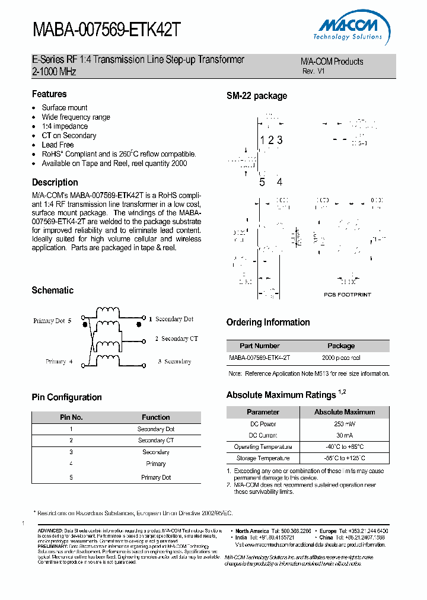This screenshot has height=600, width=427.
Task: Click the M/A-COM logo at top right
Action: pyautogui.click(x=350, y=28)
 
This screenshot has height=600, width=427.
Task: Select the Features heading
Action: pyautogui.click(x=49, y=94)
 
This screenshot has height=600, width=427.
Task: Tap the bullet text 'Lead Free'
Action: pyautogui.click(x=58, y=145)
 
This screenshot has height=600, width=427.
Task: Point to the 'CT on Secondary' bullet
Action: pyautogui.click(x=69, y=135)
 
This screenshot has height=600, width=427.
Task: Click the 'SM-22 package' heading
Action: pyautogui.click(x=256, y=96)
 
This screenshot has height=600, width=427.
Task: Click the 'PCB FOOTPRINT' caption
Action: pyautogui.click(x=347, y=294)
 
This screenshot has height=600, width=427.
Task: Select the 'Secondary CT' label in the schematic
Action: pyautogui.click(x=176, y=339)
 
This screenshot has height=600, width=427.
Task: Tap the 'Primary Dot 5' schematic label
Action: pyautogui.click(x=52, y=321)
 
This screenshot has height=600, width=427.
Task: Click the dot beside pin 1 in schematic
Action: pyautogui.click(x=139, y=324)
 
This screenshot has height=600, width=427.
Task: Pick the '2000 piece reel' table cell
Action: pyautogui.click(x=341, y=358)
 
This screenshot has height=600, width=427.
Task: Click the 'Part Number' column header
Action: pyautogui.click(x=260, y=346)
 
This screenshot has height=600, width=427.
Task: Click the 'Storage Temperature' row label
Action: pyautogui.click(x=263, y=458)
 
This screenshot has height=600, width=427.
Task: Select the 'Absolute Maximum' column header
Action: pyautogui.click(x=345, y=412)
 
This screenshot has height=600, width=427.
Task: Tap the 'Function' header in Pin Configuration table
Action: pyautogui.click(x=156, y=417)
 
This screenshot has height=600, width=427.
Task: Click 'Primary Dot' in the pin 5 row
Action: pyautogui.click(x=156, y=477)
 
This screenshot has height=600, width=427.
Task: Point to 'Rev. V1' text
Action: pyautogui.click(x=314, y=71)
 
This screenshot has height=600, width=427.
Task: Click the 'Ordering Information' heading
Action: pyautogui.click(x=268, y=323)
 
